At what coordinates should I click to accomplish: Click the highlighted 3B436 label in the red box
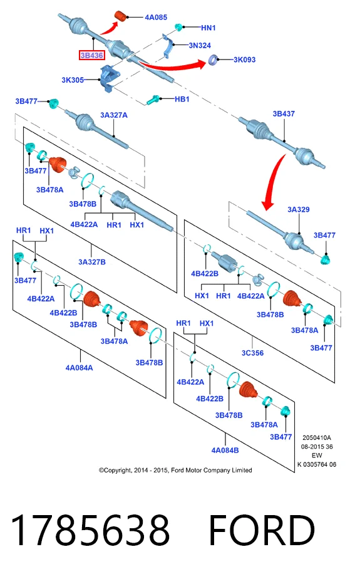click(x=92, y=55)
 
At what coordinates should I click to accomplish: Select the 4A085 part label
click(x=156, y=17)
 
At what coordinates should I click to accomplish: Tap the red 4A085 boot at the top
click(x=121, y=17)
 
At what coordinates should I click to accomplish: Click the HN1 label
click(x=208, y=28)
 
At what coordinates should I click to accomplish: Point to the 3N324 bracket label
click(x=200, y=45)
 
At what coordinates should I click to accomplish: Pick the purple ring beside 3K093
click(x=213, y=60)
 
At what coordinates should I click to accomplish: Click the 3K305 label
click(x=73, y=80)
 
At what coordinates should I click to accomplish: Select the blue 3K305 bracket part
click(x=109, y=78)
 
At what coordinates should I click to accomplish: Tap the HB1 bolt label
click(x=182, y=99)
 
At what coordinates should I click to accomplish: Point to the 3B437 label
click(x=284, y=114)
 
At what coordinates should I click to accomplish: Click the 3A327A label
click(x=114, y=115)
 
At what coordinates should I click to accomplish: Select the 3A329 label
click(x=299, y=209)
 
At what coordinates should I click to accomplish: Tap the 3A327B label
click(x=92, y=262)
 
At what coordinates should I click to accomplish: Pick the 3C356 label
click(x=253, y=353)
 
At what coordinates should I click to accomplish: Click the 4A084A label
click(x=80, y=367)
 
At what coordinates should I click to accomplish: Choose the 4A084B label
click(x=225, y=450)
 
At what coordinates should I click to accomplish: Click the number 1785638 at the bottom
click(x=91, y=530)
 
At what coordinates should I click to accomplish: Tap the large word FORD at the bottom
click(x=262, y=530)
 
